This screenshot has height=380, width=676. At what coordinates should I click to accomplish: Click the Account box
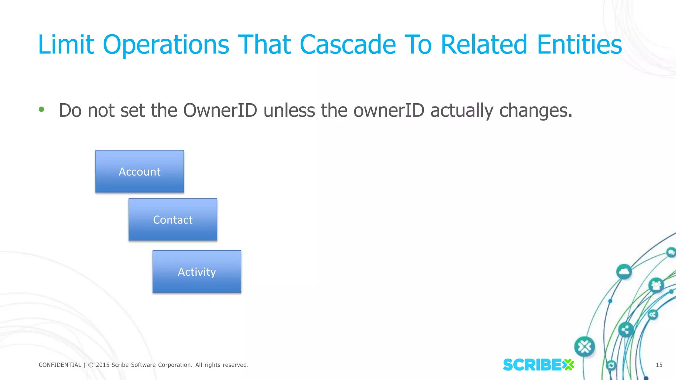click(140, 172)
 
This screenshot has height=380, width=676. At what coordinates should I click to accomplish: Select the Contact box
click(173, 219)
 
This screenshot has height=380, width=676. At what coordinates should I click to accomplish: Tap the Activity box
click(197, 271)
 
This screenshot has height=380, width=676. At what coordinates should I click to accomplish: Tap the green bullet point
click(41, 109)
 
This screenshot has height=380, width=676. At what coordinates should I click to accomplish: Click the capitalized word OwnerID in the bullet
click(220, 110)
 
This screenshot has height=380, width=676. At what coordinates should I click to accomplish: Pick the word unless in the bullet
click(289, 110)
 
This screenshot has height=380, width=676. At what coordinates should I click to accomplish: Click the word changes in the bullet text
click(535, 110)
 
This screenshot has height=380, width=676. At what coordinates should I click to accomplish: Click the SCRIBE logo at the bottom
click(538, 365)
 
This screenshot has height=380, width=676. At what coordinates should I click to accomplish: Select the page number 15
click(659, 365)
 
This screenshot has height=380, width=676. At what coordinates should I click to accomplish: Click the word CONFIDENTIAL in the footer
click(60, 365)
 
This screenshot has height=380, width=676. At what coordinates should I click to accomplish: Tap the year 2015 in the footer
click(102, 365)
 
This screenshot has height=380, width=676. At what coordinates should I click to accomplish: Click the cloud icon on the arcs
click(624, 272)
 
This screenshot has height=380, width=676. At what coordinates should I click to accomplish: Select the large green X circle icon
click(585, 347)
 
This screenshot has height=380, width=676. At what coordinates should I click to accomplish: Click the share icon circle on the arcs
click(625, 330)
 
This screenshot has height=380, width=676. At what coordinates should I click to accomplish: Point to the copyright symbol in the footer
click(91, 365)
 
